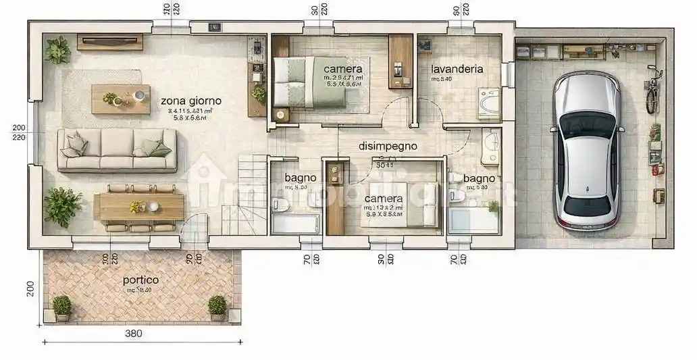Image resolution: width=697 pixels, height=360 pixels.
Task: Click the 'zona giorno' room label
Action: pyautogui.click(x=191, y=101)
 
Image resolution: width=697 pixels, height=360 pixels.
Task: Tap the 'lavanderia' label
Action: pyautogui.click(x=457, y=68)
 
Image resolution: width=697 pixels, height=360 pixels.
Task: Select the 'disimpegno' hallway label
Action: pyautogui.click(x=388, y=145)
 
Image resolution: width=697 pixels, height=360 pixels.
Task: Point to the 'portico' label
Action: pyautogui.click(x=140, y=280)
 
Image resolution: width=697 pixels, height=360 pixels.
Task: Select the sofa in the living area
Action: pyautogui.click(x=117, y=150)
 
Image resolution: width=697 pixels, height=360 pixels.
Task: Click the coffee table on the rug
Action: pyautogui.click(x=121, y=99)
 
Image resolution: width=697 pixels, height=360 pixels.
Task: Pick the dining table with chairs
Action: pyautogui.click(x=139, y=207)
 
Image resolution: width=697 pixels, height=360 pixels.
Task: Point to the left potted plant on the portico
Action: pyautogui.click(x=62, y=307)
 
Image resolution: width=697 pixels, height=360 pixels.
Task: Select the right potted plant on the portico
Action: pyautogui.click(x=217, y=307)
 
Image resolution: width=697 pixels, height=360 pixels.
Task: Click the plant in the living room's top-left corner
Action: pyautogui.click(x=58, y=49)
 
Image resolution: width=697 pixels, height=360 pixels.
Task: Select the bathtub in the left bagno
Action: pyautogui.click(x=295, y=222)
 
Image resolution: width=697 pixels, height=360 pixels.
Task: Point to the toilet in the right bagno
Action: pyautogui.click(x=457, y=196)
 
